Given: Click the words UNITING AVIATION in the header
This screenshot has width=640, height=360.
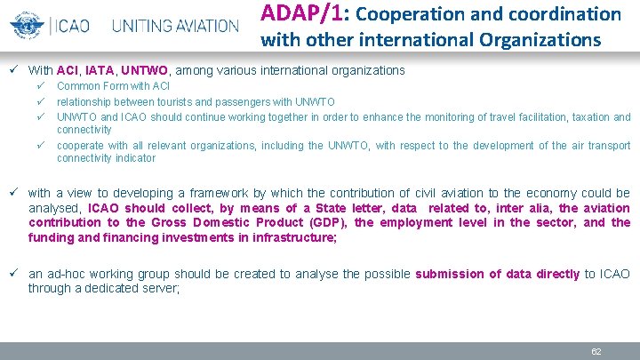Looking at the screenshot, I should (x=175, y=25).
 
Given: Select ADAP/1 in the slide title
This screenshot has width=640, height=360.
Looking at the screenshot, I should (x=292, y=13).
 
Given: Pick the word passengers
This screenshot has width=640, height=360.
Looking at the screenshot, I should (x=241, y=102).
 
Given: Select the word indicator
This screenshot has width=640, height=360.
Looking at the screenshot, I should (x=134, y=158).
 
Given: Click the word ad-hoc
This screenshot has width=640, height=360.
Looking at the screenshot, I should (x=68, y=274).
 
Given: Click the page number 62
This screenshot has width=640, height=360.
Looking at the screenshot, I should (x=596, y=351).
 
